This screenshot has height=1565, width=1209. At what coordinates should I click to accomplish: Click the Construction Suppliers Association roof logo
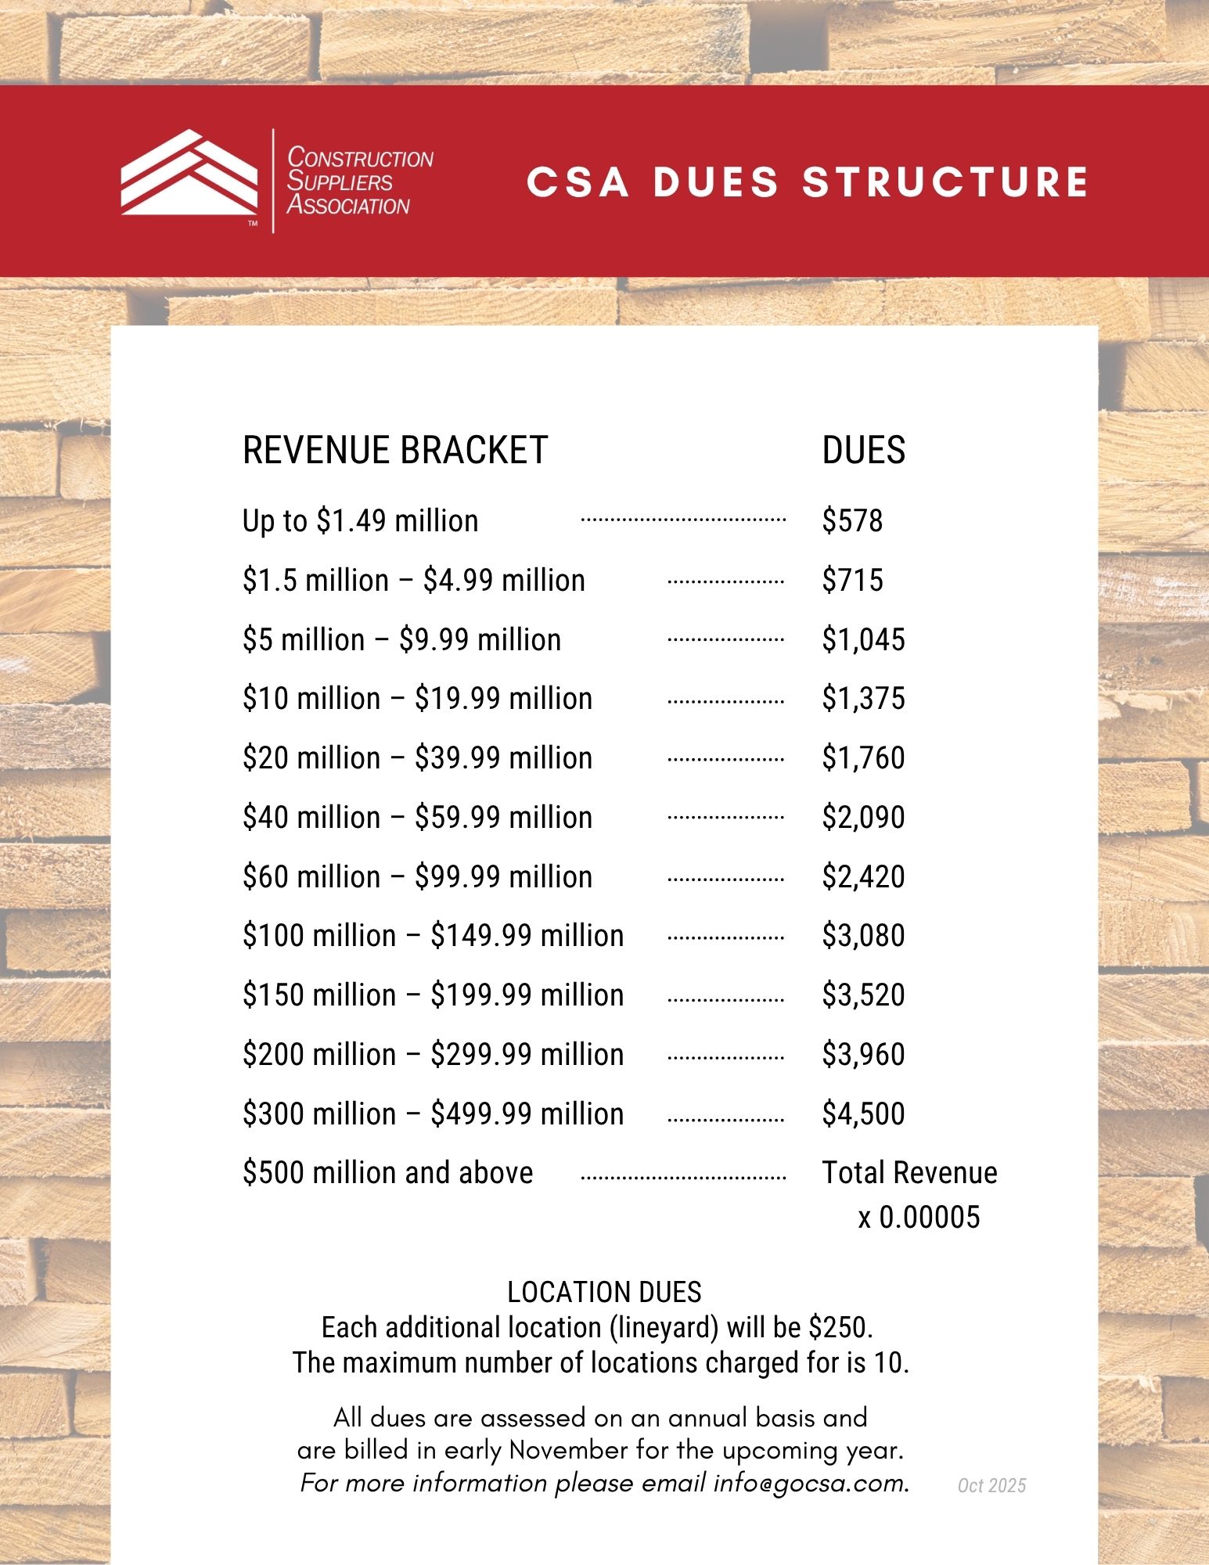[x=189, y=174]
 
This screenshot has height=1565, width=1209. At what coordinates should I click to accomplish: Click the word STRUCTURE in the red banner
[x=945, y=182]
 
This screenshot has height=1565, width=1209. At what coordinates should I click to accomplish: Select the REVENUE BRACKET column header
[x=395, y=451]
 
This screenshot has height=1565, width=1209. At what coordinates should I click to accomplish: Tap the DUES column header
[x=863, y=451]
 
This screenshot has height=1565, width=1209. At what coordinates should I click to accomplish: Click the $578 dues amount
[x=852, y=521]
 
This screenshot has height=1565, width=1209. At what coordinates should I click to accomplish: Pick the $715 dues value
[x=852, y=581]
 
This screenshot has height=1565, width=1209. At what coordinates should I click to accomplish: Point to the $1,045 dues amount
[x=863, y=640]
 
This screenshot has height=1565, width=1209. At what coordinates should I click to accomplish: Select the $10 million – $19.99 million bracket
[x=417, y=699]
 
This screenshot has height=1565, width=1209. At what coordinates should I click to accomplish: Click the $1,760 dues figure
[x=863, y=758]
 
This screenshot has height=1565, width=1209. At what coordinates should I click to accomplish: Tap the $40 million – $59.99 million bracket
[x=417, y=818]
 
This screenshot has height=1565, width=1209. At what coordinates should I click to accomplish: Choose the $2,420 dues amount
[x=863, y=877]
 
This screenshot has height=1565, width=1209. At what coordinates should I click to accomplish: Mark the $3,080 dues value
[x=863, y=936]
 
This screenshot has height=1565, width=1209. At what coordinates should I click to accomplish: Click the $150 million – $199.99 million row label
[x=433, y=995]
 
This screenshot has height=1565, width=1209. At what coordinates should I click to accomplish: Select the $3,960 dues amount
[x=863, y=1055]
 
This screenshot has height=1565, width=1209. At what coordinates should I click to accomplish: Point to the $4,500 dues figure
[x=863, y=1114]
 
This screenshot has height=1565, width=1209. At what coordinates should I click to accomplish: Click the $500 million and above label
[x=387, y=1173]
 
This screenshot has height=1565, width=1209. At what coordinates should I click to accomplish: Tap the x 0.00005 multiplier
[x=919, y=1218]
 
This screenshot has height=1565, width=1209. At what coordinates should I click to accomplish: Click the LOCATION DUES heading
[x=604, y=1292]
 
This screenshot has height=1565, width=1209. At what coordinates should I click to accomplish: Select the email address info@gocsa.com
[x=810, y=1484]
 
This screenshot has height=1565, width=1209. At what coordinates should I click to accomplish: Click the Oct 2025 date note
[x=991, y=1486]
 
